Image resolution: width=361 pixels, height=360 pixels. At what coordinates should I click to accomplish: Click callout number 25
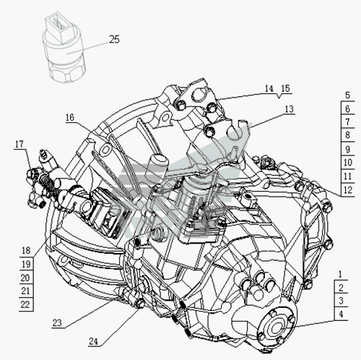click(114, 39)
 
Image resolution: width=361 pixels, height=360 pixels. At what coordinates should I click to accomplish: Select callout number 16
click(70, 118)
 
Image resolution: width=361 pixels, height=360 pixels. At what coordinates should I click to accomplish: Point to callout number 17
click(19, 145)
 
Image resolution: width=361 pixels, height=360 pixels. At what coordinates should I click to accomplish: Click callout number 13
click(290, 109)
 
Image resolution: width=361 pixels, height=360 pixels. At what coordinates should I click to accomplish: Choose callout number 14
click(269, 89)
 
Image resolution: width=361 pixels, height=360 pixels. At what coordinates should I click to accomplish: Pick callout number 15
click(285, 89)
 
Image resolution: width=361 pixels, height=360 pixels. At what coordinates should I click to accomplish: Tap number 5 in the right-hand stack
click(347, 95)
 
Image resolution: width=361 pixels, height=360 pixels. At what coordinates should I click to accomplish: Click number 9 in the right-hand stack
click(347, 150)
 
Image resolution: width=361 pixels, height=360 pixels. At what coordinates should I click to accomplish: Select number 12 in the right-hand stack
click(348, 190)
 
